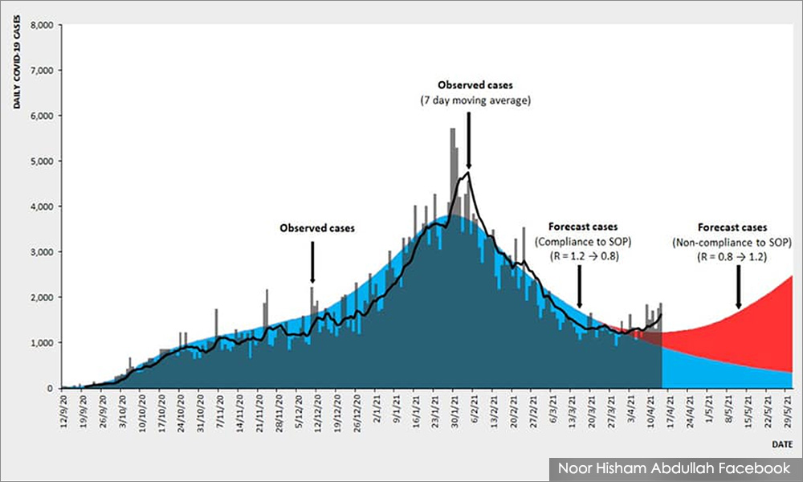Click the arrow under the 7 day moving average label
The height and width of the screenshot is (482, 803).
468,140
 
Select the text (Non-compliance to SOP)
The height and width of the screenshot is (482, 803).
732,242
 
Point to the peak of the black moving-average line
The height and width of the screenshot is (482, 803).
467,172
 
